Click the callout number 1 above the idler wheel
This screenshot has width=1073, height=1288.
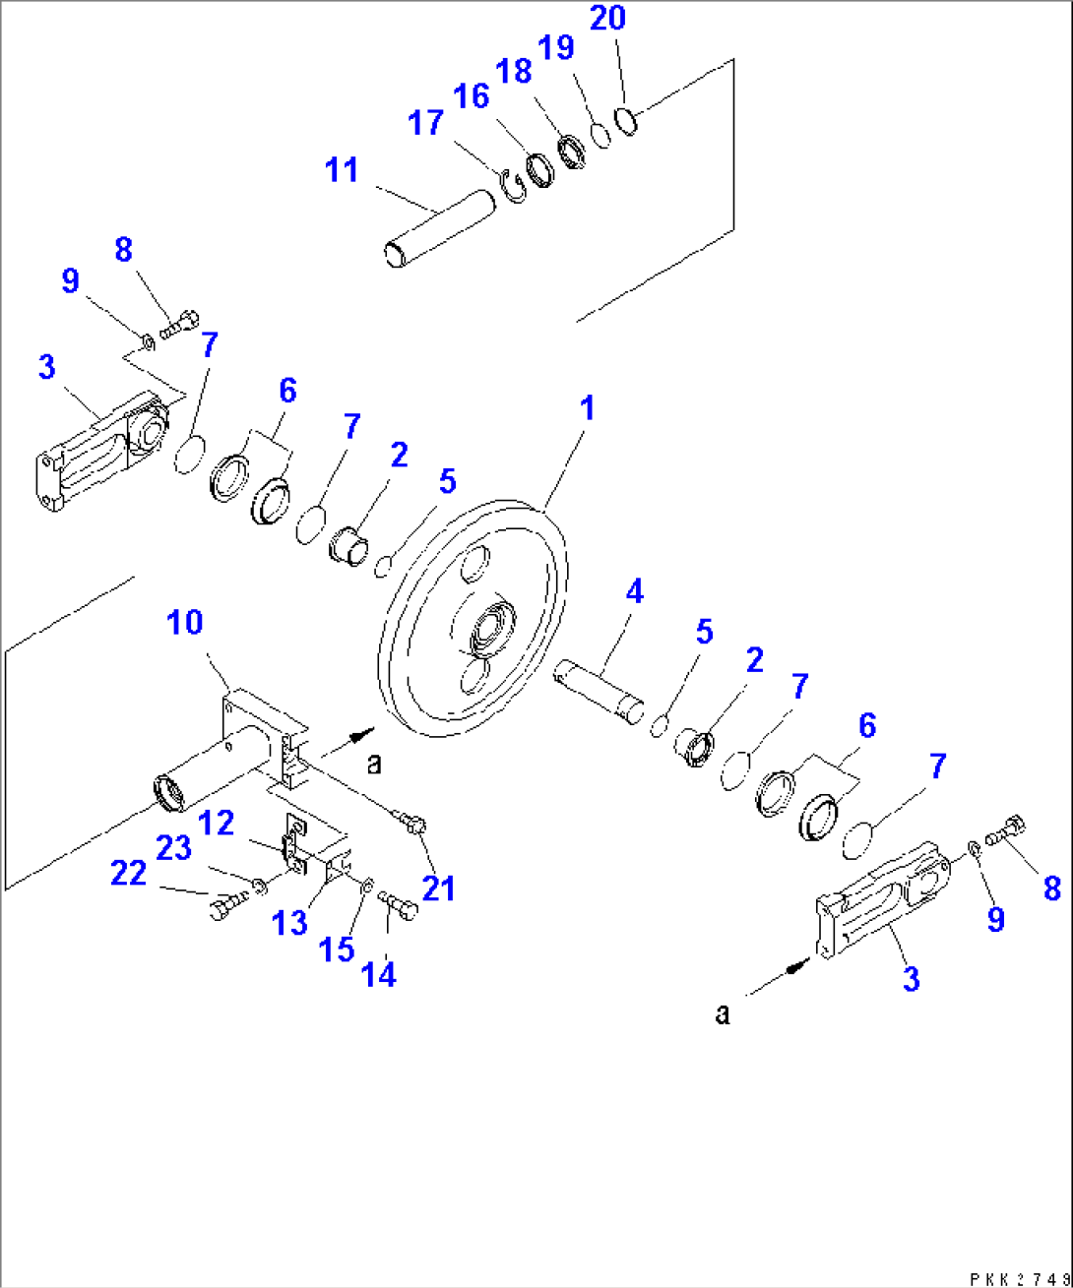coord(587,408)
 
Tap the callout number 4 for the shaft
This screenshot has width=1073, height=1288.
coord(634,591)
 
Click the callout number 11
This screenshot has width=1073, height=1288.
coord(342,170)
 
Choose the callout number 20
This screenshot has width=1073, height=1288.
coord(607,18)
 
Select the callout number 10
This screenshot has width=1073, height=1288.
coord(184,622)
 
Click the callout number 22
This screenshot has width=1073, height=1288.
coord(128,873)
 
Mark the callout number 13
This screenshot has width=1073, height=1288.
coord(291,922)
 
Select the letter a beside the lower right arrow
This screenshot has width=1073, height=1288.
coord(723,1014)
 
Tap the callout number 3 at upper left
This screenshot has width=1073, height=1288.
coord(47,367)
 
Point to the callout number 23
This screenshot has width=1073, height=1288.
coord(174,847)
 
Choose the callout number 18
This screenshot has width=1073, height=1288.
coord(514,71)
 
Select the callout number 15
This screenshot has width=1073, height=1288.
coord(336,949)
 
